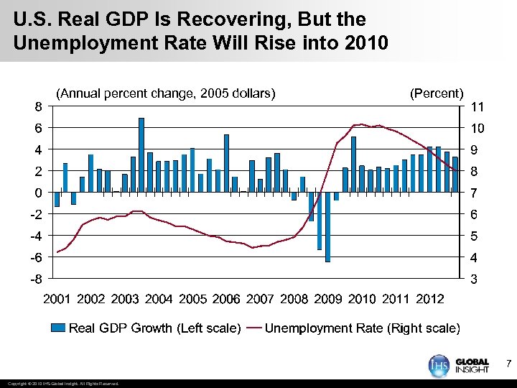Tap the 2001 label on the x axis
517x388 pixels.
(x=58, y=298)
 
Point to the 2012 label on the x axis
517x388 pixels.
(x=430, y=298)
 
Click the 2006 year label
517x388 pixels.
(x=227, y=298)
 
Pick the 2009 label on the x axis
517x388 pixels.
(x=328, y=298)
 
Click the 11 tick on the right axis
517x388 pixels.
(x=477, y=107)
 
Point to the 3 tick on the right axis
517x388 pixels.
(x=474, y=280)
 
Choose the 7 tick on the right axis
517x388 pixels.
(x=474, y=193)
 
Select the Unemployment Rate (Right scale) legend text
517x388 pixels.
(x=362, y=328)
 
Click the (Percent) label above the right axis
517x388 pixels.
(x=437, y=93)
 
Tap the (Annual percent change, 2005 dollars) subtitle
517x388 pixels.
(x=166, y=93)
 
